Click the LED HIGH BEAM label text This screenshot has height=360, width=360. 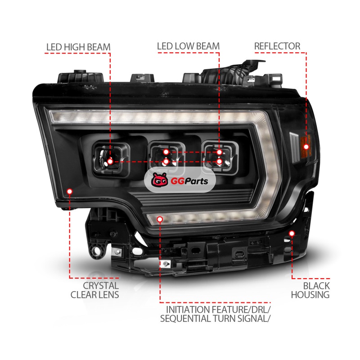[78, 47]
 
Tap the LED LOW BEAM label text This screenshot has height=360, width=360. [188, 46]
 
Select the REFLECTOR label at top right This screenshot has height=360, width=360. [277, 46]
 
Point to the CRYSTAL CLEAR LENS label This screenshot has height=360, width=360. [94, 290]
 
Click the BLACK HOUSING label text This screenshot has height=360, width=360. [310, 290]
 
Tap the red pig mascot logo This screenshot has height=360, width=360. [159, 180]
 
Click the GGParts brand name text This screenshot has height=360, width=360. [189, 181]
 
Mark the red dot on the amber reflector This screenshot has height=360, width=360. [306, 147]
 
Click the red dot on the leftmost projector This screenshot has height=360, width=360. [110, 162]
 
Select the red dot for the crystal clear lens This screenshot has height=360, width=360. [70, 191]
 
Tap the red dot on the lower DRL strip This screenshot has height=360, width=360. [160, 220]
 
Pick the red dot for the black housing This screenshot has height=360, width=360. [292, 234]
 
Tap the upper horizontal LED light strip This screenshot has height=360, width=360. [156, 117]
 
